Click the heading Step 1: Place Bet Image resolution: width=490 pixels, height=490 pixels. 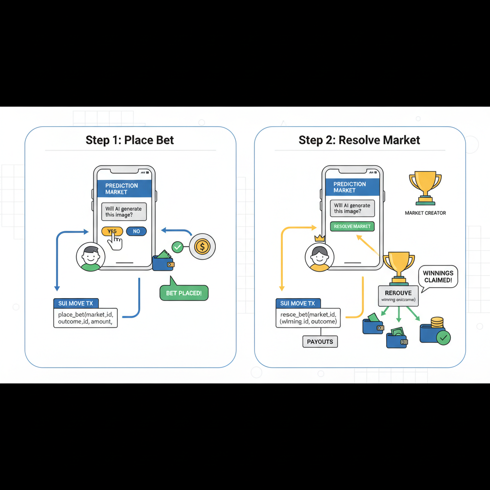130,140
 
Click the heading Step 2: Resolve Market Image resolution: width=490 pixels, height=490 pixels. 359,140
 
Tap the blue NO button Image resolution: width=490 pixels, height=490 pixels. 136,231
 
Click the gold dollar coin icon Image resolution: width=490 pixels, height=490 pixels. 202,247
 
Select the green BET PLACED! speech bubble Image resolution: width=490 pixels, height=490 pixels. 184,292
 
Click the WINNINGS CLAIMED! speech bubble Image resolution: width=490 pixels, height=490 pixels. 438,277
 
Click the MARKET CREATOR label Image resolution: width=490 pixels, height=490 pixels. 425,213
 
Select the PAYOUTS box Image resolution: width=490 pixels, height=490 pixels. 320,342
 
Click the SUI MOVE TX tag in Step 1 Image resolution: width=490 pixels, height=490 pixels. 76,303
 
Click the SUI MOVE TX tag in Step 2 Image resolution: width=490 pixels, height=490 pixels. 298,303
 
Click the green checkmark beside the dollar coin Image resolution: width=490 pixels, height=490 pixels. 178,247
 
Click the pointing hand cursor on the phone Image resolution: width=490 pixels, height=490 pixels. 114,241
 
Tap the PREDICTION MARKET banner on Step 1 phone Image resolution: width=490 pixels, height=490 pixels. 124,189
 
